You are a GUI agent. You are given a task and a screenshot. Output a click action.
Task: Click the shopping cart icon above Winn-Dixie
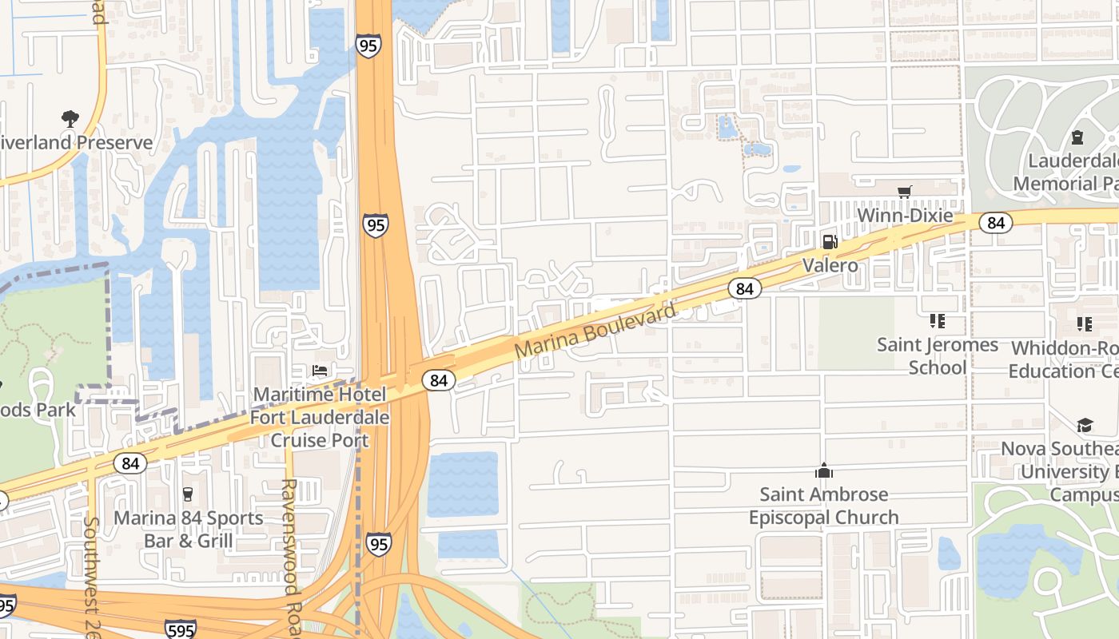[x=904, y=192]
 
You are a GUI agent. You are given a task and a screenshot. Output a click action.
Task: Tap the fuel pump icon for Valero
[x=830, y=241]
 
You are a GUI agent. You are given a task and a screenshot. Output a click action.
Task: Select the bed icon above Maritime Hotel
[x=320, y=371]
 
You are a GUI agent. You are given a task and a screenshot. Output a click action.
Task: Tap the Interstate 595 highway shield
[x=181, y=629]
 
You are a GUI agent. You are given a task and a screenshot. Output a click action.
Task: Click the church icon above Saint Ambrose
[x=823, y=470]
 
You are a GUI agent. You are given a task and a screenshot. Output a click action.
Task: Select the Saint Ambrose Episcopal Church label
[x=823, y=506]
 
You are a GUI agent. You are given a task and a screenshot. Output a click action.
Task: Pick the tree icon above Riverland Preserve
[x=70, y=119]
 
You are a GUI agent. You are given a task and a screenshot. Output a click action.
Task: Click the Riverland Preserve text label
[x=76, y=143]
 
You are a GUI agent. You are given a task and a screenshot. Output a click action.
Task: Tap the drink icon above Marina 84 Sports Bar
[x=188, y=494]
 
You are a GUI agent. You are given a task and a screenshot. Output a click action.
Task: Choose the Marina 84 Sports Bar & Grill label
[x=188, y=530]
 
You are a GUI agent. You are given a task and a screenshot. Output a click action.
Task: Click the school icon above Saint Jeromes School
[x=937, y=321]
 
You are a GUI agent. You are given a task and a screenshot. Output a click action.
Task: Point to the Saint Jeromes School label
[x=938, y=356]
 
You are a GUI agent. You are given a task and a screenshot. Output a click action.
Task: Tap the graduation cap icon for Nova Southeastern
[x=1085, y=425]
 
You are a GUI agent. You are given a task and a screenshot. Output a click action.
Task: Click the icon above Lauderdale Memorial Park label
[x=1077, y=137]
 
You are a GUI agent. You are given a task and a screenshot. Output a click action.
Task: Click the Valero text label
[x=830, y=265]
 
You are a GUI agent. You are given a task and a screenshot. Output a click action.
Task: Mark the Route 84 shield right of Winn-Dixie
[x=995, y=223]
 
